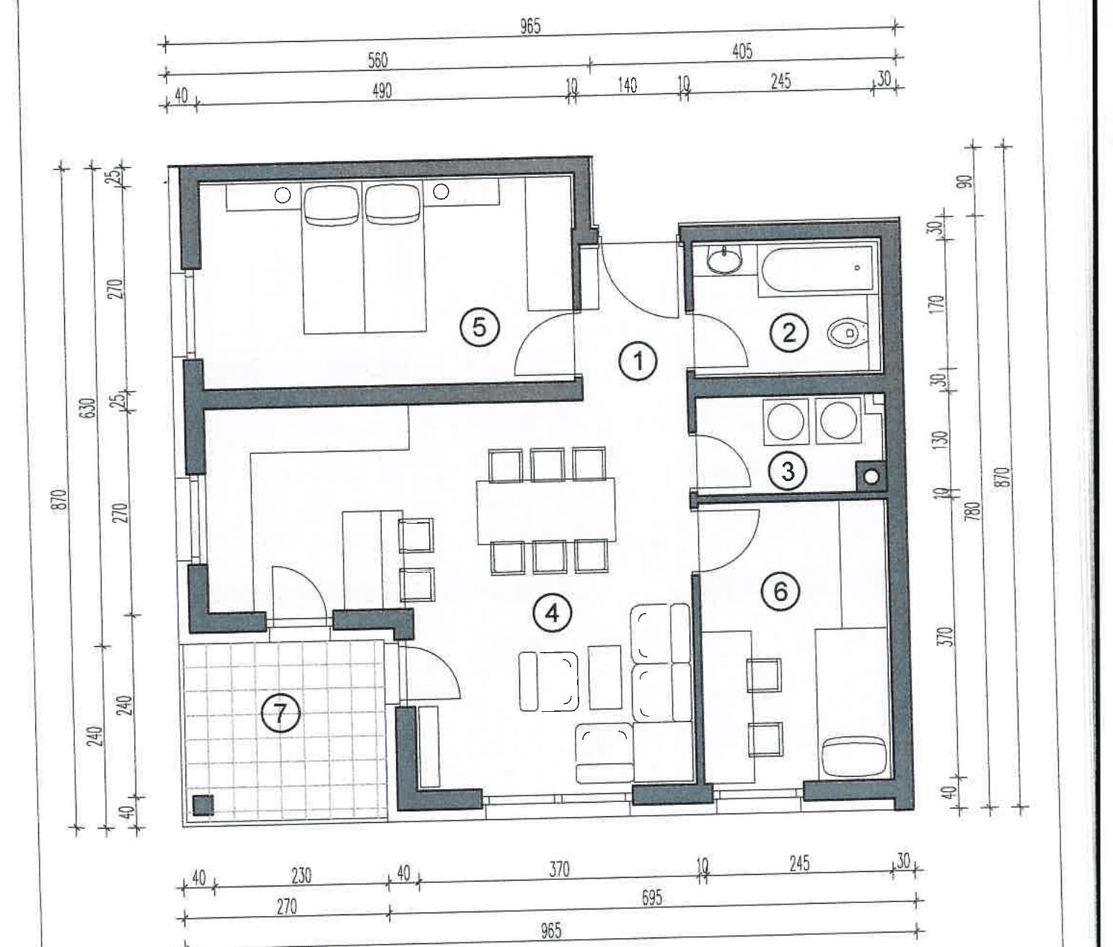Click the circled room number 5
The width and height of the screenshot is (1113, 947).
coord(479,327)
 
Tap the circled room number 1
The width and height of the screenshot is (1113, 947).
coord(638,361)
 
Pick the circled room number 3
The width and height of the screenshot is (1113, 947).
coord(788,472)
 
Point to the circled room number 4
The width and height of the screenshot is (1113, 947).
coord(552,613)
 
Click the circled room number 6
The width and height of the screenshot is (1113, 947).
coord(780,592)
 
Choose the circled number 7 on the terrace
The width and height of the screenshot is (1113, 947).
coord(280,714)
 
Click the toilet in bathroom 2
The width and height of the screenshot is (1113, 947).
coord(848,333)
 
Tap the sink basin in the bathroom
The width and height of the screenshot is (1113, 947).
coord(724,261)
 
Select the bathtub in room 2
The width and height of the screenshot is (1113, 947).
coord(815,270)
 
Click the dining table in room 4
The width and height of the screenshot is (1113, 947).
coord(547,511)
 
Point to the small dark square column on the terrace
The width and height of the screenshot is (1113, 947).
coord(203,805)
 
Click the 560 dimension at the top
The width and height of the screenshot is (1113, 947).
coord(377,61)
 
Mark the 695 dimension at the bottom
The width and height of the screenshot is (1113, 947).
coord(651,897)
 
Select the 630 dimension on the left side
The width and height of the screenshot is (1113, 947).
coord(89,408)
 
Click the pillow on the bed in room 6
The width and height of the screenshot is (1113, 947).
coord(854,756)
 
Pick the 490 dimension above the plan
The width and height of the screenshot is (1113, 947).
coord(382,91)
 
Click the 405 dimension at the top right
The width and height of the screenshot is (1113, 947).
coord(742,52)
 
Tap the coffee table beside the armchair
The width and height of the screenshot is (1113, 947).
coord(604,677)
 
